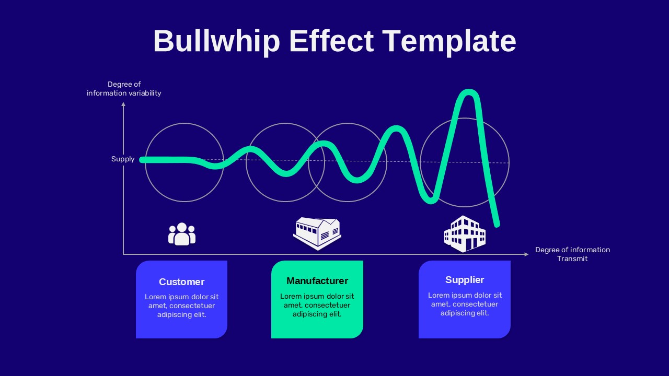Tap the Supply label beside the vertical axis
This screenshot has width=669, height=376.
(123, 159)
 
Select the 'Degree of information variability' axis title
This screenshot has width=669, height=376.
(124, 89)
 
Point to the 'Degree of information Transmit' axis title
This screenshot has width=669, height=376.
(572, 254)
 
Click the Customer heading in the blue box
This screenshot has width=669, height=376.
(181, 282)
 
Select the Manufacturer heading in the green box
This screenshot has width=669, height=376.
(317, 281)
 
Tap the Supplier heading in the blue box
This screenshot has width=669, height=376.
(465, 280)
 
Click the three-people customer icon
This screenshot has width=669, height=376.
(182, 234)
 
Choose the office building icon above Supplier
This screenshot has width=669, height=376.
(465, 233)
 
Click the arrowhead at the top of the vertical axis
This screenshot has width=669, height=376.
(123, 104)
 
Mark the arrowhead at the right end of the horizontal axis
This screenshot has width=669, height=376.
(526, 254)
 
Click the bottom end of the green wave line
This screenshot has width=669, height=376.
(497, 225)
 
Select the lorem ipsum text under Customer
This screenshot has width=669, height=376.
(181, 305)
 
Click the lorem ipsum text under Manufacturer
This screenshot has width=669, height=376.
(317, 305)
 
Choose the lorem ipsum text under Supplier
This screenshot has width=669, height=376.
(465, 304)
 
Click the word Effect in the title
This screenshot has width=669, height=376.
(331, 41)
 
